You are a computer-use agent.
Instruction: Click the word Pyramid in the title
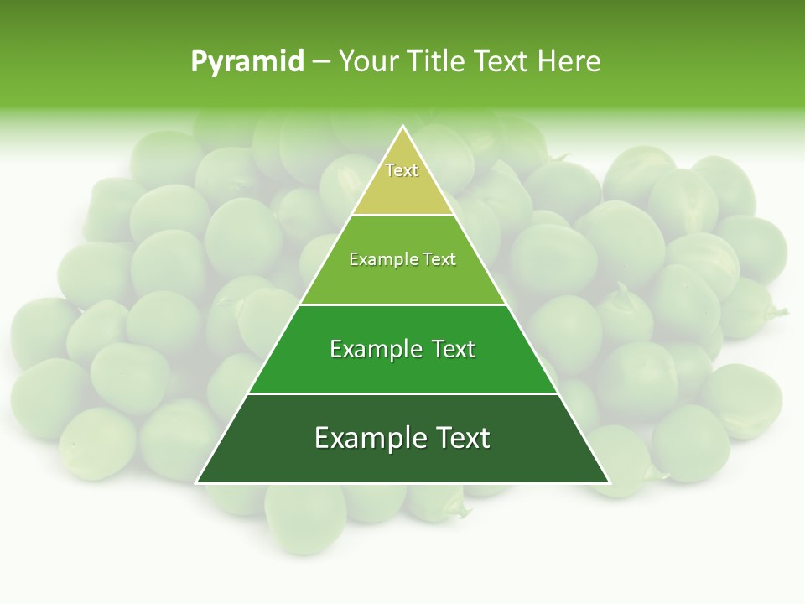[247, 62]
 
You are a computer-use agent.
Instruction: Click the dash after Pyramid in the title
[320, 62]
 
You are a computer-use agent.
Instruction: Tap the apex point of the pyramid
[402, 127]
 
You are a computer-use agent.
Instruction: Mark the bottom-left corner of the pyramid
[197, 482]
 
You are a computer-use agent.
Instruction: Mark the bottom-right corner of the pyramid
[609, 482]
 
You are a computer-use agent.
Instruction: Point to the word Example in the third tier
[374, 349]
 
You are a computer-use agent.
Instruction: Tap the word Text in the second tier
[439, 259]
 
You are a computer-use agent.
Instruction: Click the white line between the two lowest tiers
[402, 393]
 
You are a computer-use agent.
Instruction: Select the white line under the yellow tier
[402, 215]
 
